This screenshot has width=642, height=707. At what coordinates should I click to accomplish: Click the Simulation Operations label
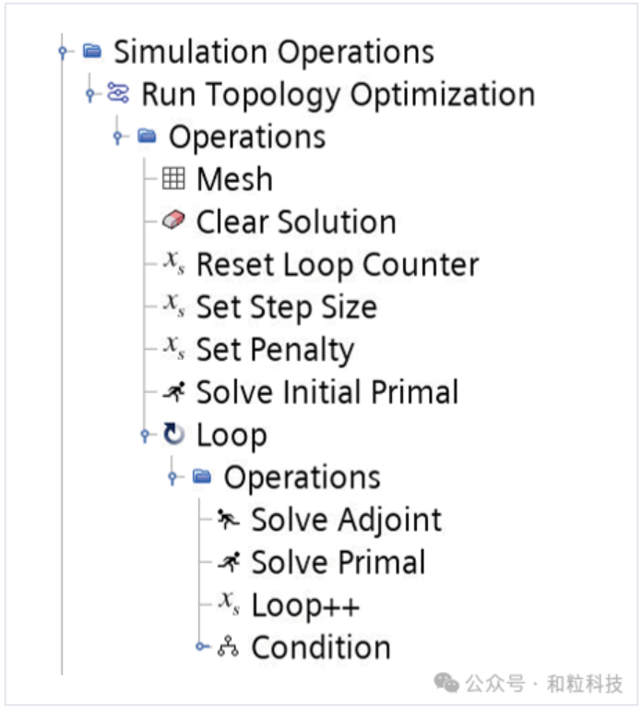[x=273, y=52]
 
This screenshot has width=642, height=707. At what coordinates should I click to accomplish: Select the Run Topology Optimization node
[x=338, y=94]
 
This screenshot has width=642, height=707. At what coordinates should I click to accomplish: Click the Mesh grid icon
[x=173, y=178]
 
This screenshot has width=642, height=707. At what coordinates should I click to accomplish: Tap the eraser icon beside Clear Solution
[x=173, y=222]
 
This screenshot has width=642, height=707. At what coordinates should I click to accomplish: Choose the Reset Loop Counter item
[x=337, y=265]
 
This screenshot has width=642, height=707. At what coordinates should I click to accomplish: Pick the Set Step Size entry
[x=286, y=307]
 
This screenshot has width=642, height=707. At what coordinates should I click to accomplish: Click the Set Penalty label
[x=275, y=350]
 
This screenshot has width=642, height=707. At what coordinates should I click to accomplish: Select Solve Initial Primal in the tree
[x=327, y=392]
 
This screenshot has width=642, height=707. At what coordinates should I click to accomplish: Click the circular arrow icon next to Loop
[x=173, y=435]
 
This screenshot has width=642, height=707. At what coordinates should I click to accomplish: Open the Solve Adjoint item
[x=346, y=520]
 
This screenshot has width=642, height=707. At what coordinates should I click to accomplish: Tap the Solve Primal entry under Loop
[x=338, y=562]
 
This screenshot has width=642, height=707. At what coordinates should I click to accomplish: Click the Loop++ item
[x=305, y=605]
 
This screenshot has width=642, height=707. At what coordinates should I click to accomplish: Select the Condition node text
[x=321, y=647]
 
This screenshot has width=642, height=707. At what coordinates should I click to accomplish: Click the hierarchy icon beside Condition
[x=228, y=648]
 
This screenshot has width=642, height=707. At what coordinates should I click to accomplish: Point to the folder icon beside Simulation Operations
[x=91, y=52]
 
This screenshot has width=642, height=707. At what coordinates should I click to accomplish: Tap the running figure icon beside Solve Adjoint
[x=228, y=520]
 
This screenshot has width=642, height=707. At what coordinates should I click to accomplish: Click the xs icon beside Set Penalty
[x=173, y=349]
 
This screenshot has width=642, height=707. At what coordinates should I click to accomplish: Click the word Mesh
[x=234, y=179]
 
